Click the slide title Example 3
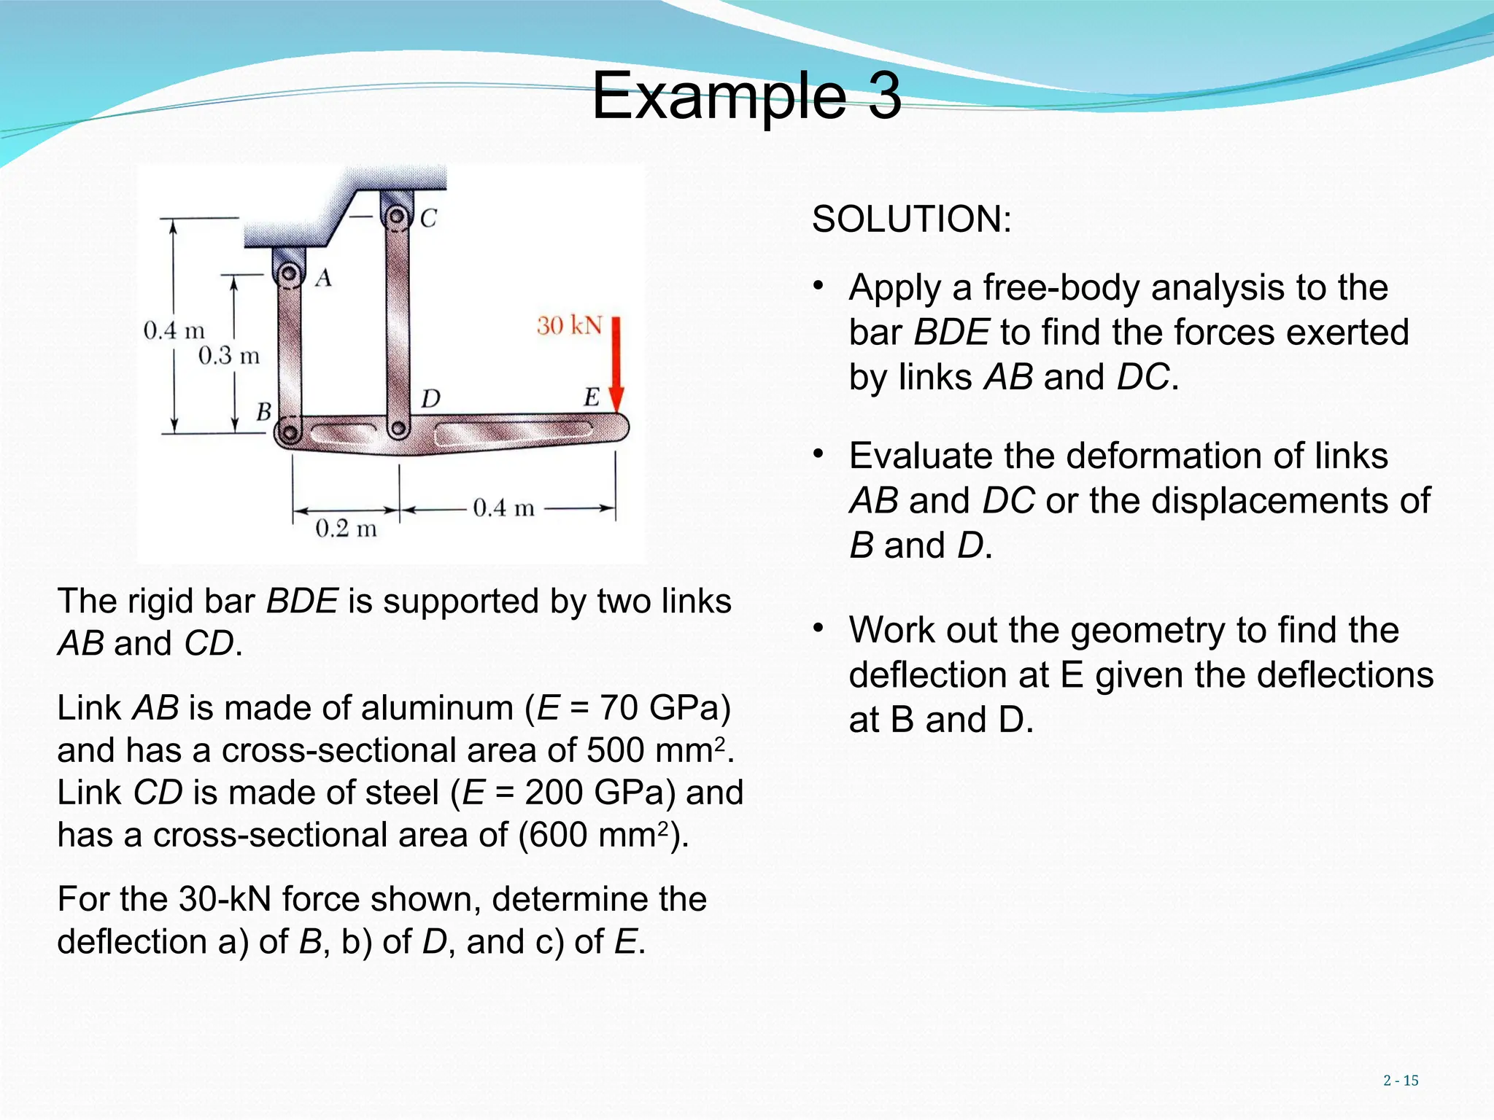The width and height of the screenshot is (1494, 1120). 746,96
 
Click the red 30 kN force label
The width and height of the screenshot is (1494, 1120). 569,325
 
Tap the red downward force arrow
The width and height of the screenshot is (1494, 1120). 616,365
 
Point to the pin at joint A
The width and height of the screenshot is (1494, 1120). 290,274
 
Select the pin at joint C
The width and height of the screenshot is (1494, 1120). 396,217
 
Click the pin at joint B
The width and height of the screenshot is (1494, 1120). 290,434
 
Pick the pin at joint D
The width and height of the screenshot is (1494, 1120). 398,428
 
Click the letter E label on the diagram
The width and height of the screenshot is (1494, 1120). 591,397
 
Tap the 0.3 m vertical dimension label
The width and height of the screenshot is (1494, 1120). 228,356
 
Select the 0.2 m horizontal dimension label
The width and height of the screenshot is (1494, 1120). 346,528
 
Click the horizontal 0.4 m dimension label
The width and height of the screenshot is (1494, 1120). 503,507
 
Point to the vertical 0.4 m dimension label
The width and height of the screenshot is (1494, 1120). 174,330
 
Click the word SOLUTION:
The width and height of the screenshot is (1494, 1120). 911,219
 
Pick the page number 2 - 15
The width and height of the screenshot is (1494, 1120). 1400,1081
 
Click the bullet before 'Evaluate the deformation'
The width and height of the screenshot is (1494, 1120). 818,455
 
